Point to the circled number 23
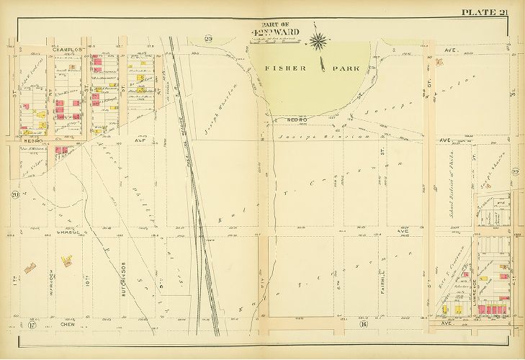209,38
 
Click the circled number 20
14,194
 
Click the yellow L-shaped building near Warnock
31,268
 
